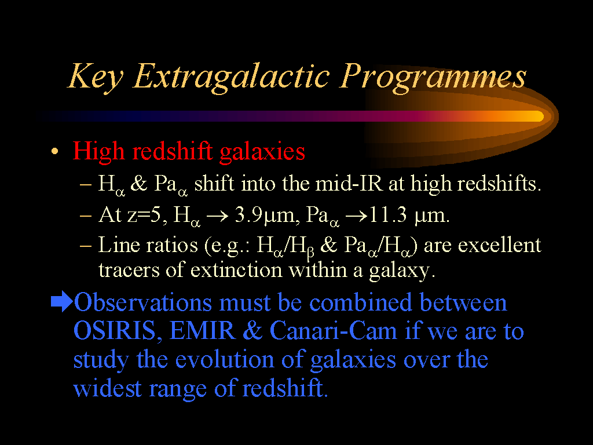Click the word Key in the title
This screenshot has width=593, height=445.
96,78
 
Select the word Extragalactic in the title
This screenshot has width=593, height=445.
231,78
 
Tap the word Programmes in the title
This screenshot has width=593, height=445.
432,78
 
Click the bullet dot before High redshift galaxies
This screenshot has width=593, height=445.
55,152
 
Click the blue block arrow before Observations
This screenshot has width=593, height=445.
61,301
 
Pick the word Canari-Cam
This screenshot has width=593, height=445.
333,331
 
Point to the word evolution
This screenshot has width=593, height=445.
225,359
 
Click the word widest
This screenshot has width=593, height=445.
107,388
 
